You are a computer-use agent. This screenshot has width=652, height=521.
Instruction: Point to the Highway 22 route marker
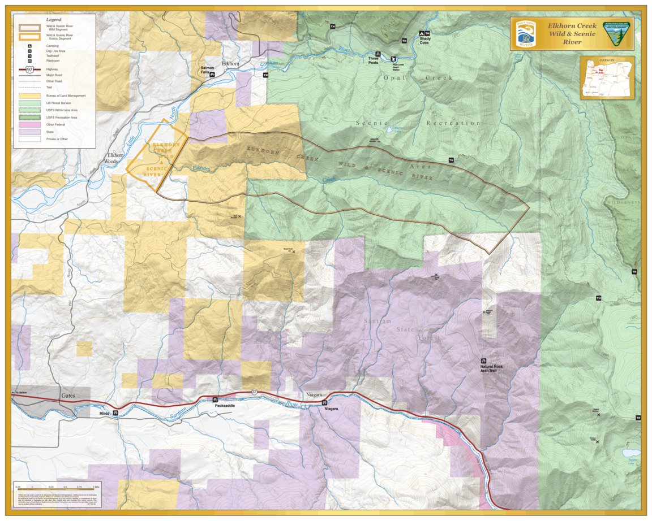tap(254, 392)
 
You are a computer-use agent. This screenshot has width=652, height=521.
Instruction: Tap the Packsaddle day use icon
tap(215, 399)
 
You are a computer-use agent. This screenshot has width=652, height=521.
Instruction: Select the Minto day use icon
tap(115, 413)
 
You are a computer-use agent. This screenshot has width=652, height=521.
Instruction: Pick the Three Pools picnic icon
tap(378, 54)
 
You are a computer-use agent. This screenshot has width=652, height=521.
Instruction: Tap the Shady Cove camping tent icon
tap(421, 33)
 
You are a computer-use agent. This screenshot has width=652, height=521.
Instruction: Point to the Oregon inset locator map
tap(607, 77)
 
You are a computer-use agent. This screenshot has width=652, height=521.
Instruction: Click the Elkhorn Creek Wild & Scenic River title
tap(572, 34)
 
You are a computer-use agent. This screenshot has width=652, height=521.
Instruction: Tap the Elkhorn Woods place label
tap(111, 158)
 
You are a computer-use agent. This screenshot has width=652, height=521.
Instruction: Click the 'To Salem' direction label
tap(20, 392)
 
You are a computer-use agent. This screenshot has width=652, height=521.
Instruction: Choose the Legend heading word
tap(53, 19)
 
